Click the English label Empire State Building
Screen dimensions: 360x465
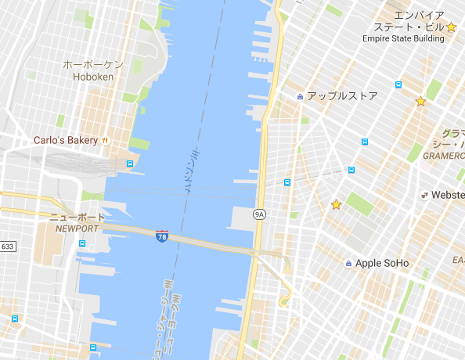[402, 38]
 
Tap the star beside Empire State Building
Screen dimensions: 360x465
[452, 27]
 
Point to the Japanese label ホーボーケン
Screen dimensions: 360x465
[93, 65]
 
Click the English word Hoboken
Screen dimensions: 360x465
[93, 77]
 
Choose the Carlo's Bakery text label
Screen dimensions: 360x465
[65, 141]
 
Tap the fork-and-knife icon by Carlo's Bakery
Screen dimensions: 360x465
[105, 141]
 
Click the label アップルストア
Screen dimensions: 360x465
[342, 96]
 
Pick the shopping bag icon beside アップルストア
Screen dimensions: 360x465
[300, 96]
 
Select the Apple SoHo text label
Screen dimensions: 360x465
[382, 263]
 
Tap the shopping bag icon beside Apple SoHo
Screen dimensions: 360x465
[348, 263]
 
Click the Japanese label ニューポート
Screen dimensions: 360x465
[77, 217]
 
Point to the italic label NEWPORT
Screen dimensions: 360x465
[77, 229]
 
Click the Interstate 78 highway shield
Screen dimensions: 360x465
[161, 236]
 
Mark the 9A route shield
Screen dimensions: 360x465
[259, 214]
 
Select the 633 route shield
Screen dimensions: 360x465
[7, 247]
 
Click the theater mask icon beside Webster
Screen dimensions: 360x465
[424, 195]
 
